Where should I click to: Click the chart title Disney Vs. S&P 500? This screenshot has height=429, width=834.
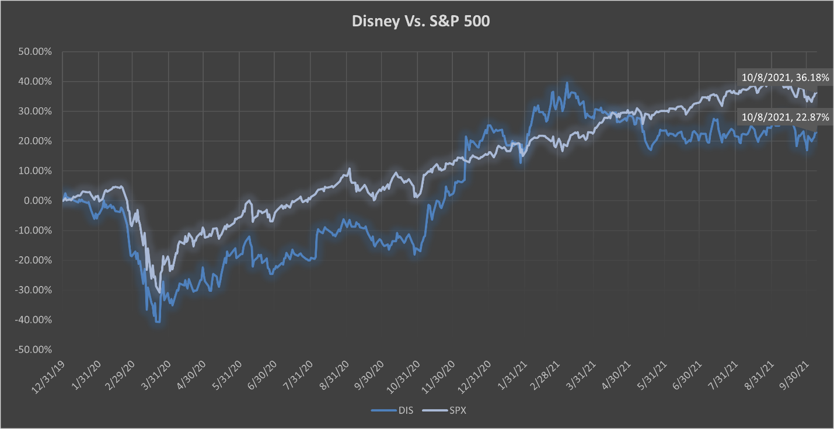point(417,22)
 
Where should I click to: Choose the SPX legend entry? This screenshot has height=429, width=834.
point(449,411)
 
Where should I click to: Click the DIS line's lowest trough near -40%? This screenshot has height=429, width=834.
point(157,322)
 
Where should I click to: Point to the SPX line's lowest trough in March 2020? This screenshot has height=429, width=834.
point(159,292)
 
